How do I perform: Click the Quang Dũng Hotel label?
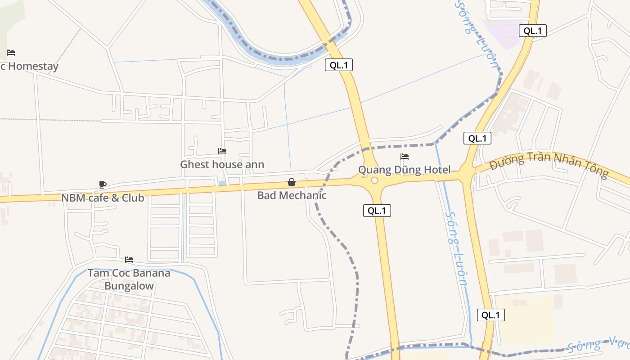(x=404, y=170)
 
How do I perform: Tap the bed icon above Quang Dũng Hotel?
(x=405, y=157)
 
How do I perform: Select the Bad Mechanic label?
(x=292, y=195)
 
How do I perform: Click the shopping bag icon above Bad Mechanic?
(x=292, y=182)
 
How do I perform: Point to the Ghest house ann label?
(x=222, y=164)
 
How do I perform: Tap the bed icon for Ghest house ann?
(x=222, y=151)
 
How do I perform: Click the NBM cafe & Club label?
(x=103, y=198)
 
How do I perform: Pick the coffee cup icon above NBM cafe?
(x=103, y=184)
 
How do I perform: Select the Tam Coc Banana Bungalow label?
(x=129, y=279)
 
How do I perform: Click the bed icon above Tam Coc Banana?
(x=129, y=260)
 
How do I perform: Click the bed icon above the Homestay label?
(x=11, y=53)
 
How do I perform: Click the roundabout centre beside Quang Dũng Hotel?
(x=374, y=180)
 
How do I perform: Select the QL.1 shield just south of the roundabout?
(x=377, y=211)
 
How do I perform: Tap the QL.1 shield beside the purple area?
(x=533, y=31)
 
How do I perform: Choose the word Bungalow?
(x=129, y=286)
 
